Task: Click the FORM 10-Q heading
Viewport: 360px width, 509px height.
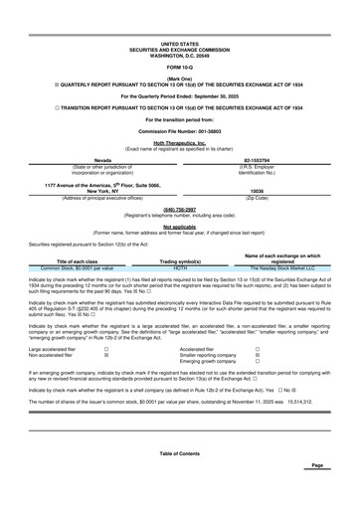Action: pos(179,67)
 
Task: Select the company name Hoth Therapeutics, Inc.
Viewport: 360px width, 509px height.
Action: pos(179,141)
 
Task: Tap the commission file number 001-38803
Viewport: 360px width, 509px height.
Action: pos(179,130)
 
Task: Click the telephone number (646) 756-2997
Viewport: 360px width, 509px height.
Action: pos(179,210)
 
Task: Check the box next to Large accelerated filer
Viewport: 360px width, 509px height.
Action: pos(106,350)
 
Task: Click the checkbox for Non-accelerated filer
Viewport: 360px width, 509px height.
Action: pos(106,356)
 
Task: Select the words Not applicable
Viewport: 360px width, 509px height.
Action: pos(179,226)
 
